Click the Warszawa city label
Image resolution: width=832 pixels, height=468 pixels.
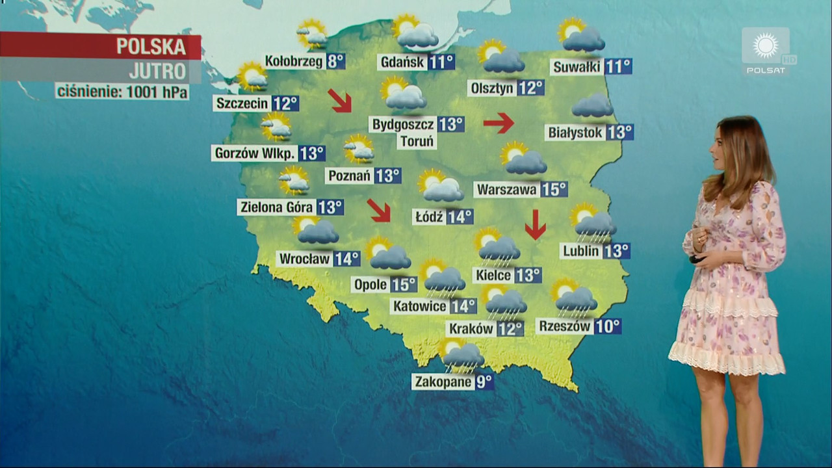pyautogui.click(x=506, y=190)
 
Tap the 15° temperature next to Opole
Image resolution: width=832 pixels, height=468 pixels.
pyautogui.click(x=404, y=284)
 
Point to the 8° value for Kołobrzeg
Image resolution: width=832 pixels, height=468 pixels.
pyautogui.click(x=335, y=62)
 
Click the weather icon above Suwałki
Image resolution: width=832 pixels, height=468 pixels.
pyautogui.click(x=581, y=36)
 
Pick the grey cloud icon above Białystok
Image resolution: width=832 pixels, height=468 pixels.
pyautogui.click(x=592, y=105)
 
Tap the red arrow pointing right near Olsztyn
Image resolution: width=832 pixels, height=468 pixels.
pyautogui.click(x=499, y=122)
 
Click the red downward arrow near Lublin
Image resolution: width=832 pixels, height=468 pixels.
pyautogui.click(x=535, y=224)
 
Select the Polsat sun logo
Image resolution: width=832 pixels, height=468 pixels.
pyautogui.click(x=766, y=46)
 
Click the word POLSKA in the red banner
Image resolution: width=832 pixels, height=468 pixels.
pyautogui.click(x=151, y=47)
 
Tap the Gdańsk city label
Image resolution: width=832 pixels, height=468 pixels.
pyautogui.click(x=402, y=62)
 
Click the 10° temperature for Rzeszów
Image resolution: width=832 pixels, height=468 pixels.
pyautogui.click(x=607, y=326)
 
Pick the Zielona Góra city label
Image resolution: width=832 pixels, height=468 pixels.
pyautogui.click(x=277, y=207)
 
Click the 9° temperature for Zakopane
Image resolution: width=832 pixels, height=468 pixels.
pyautogui.click(x=484, y=382)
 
